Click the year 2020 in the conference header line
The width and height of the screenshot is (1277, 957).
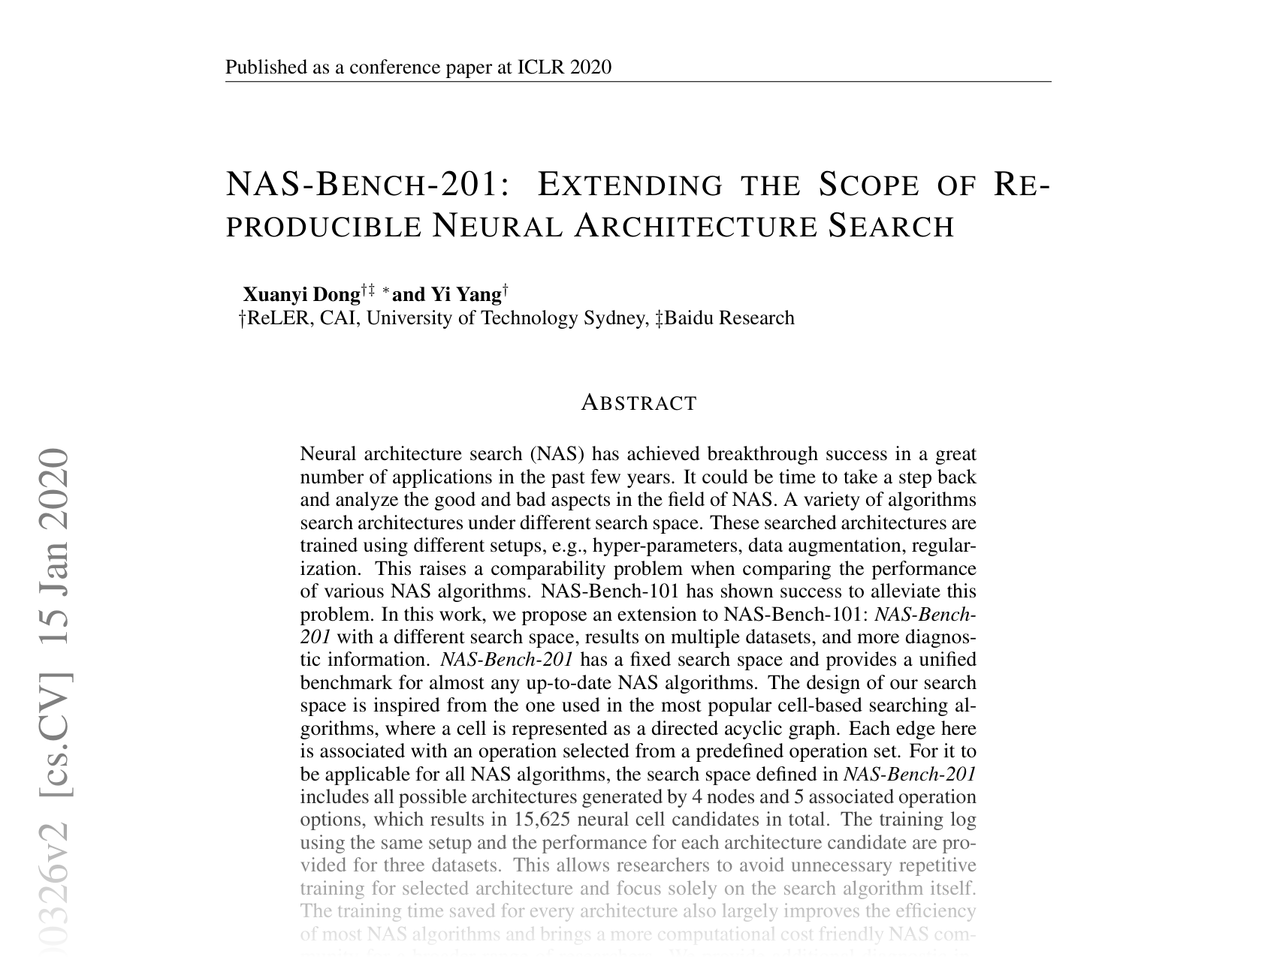coord(591,68)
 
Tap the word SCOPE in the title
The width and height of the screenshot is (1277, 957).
coord(868,185)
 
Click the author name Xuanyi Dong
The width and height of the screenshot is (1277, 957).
coord(301,294)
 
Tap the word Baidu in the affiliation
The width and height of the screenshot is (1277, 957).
coord(690,318)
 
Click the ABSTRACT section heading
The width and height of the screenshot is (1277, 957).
coord(639,403)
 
